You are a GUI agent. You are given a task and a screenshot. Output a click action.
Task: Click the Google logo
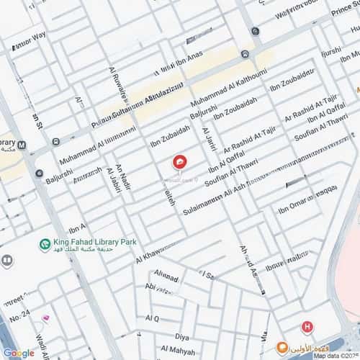(19, 353)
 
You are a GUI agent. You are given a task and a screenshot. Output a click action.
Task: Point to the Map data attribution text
(336, 355)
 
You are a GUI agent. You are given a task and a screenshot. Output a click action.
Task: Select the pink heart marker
(46, 318)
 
